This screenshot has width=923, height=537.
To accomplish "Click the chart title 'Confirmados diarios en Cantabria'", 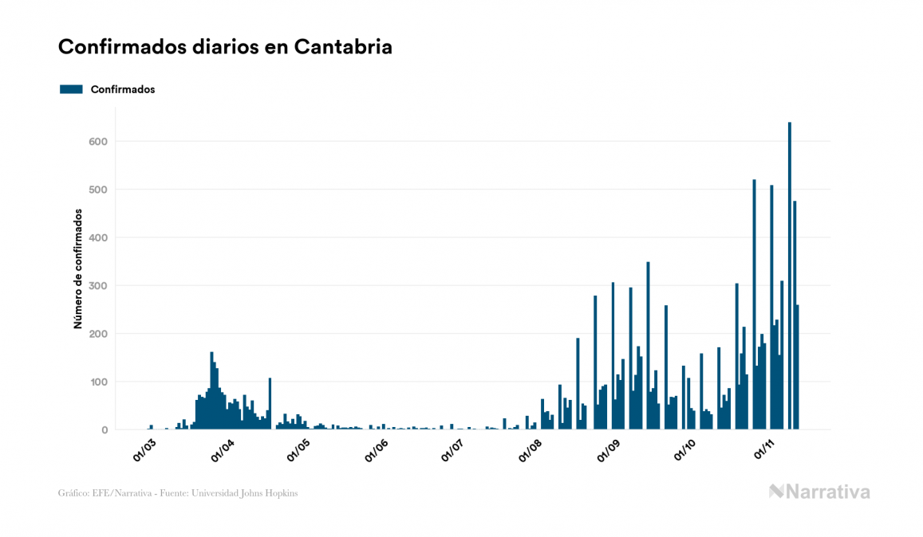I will click(225, 47).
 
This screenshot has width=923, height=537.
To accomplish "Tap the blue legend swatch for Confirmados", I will click(71, 89).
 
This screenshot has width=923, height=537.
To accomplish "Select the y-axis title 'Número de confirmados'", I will click(78, 269).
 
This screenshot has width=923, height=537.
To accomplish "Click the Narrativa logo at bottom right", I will click(819, 492).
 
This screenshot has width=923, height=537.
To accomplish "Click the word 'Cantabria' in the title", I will click(343, 47).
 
